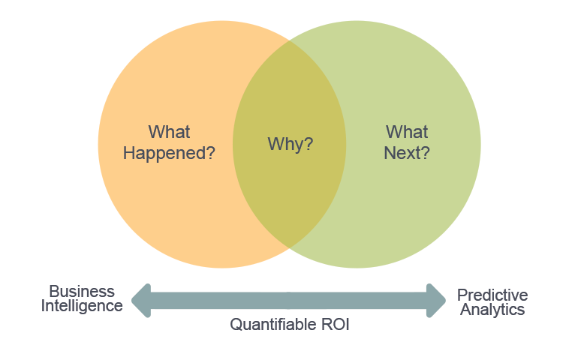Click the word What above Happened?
click(x=169, y=133)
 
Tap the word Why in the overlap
click(x=285, y=144)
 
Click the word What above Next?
click(x=407, y=133)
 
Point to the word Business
click(x=82, y=291)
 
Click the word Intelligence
click(x=82, y=306)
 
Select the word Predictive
click(x=492, y=295)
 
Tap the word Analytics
click(x=492, y=309)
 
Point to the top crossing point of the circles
click(x=290, y=40)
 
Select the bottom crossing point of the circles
click(x=290, y=247)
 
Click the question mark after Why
click(x=309, y=144)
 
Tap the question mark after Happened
click(x=211, y=153)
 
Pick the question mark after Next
click(x=426, y=153)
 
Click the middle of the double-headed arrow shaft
click(x=289, y=301)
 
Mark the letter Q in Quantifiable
click(x=236, y=325)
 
